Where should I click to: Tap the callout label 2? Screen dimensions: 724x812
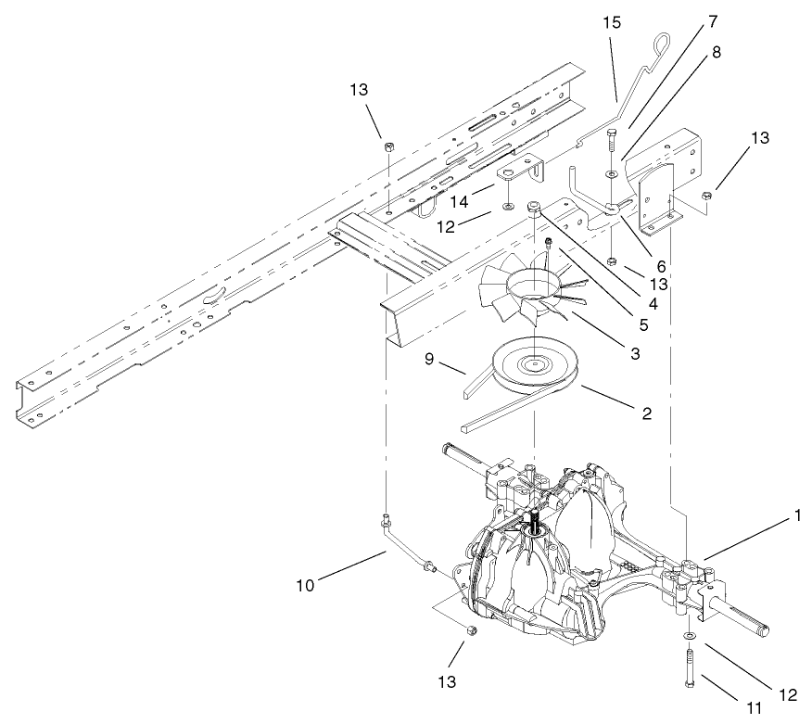tap(645, 413)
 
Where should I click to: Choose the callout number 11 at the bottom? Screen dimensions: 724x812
tap(753, 706)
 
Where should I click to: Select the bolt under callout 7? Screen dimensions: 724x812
tap(611, 144)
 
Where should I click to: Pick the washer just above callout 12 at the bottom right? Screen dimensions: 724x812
tap(691, 636)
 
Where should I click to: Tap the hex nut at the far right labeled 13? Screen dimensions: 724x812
tap(706, 195)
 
